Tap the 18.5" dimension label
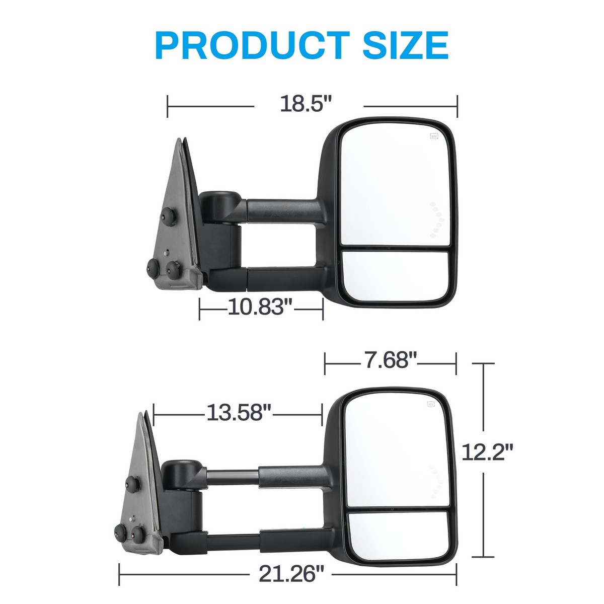307,105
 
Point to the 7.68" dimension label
391,360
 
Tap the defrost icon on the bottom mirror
431,404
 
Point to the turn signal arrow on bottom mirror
436,481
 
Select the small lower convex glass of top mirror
395,276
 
